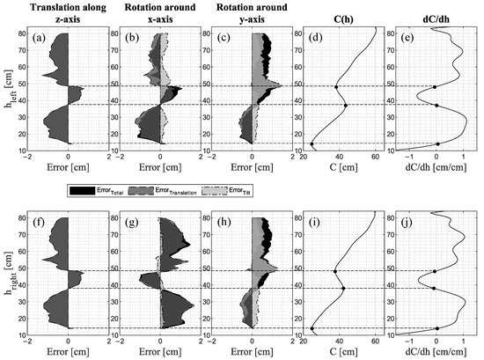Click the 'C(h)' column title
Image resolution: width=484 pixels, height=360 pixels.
point(340,9)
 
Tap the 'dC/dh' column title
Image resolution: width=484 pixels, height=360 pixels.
point(431,9)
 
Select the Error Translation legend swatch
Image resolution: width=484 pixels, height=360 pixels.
point(143,188)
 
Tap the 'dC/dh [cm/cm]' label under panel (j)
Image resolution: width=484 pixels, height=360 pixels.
point(431,349)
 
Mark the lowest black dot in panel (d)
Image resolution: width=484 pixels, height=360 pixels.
point(312,144)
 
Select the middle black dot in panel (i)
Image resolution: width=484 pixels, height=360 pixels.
point(343,289)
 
